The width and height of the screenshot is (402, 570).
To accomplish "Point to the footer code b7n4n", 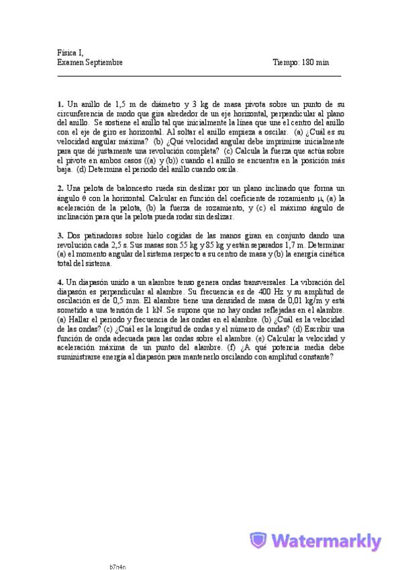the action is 117,566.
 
